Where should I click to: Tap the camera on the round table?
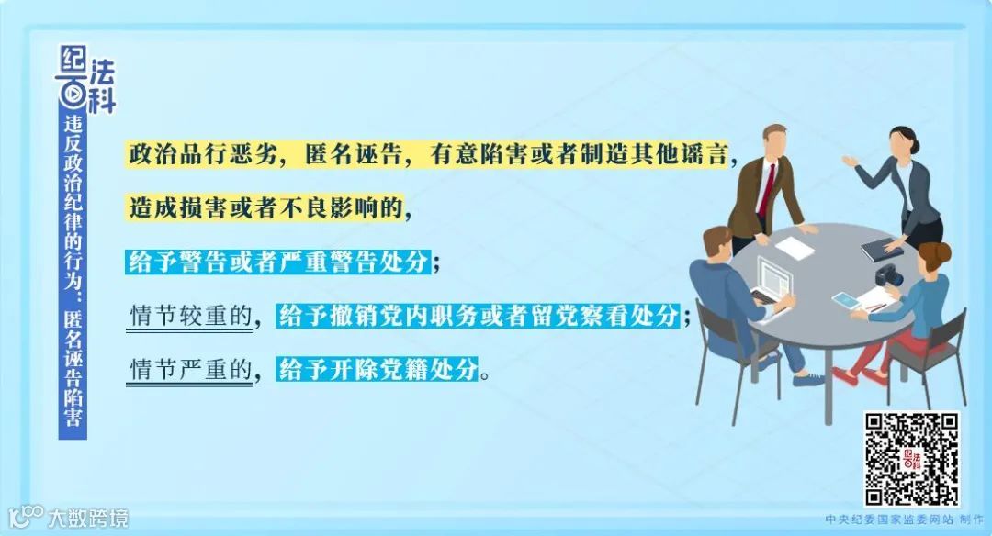pos(888,274)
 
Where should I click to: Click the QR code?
pos(912,459)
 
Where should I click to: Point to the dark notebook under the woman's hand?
pos(882,248)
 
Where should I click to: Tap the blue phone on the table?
pos(844,299)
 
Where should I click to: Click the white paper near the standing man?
pos(795,246)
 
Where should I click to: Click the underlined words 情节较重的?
pos(190,317)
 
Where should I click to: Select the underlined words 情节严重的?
pos(190,370)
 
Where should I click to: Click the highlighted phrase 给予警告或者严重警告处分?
pos(277,262)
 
